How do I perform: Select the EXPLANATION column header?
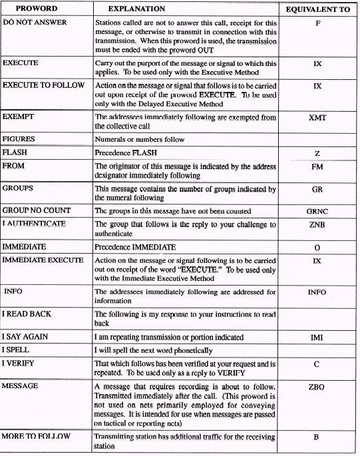[x=128, y=10]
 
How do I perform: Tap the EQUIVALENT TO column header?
[x=317, y=10]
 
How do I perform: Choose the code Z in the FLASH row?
[x=317, y=153]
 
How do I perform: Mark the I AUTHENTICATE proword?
[x=34, y=224]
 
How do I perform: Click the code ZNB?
[x=317, y=225]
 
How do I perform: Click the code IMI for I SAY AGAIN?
[x=317, y=338]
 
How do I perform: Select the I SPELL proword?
[x=17, y=349]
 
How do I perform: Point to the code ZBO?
[x=317, y=385]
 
